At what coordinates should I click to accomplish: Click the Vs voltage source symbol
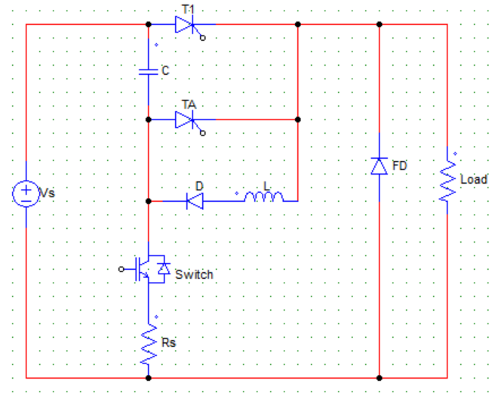pos(26,193)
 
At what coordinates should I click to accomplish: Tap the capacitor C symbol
pos(149,72)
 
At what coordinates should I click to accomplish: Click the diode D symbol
pos(195,201)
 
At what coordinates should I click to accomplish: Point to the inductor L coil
pos(264,196)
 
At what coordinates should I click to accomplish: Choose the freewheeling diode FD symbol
pos(379,166)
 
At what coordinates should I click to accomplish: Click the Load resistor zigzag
pos(447,180)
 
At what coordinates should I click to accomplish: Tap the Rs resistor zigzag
pos(149,344)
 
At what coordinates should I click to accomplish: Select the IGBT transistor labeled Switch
pos(149,269)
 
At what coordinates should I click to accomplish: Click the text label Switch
pos(194,274)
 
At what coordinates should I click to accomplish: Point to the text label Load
pos(474,179)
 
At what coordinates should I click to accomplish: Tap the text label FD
pos(399,166)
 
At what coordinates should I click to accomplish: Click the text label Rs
pos(168,342)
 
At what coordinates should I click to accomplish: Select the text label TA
pos(189,104)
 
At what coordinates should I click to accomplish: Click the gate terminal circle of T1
pos(203,38)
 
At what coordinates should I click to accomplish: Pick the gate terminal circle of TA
pos(203,133)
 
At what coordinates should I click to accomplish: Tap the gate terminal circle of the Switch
pos(121,269)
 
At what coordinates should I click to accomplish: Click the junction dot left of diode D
pos(149,201)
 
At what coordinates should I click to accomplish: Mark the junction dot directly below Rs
pos(149,378)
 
